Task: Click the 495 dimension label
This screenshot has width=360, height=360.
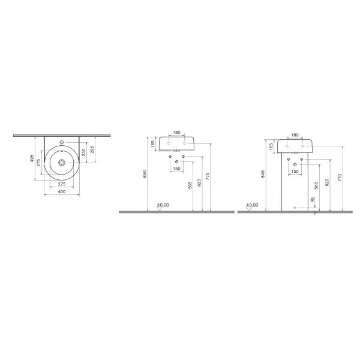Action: pyautogui.click(x=32, y=158)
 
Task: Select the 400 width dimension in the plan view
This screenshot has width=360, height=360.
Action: pyautogui.click(x=62, y=192)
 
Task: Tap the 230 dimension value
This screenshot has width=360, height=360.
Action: pyautogui.click(x=83, y=152)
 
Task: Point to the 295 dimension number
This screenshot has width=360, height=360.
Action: pyautogui.click(x=92, y=149)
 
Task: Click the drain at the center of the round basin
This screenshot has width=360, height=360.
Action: pyautogui.click(x=62, y=163)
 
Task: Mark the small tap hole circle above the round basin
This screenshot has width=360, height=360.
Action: pyautogui.click(x=62, y=142)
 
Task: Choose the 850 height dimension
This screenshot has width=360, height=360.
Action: pyautogui.click(x=145, y=174)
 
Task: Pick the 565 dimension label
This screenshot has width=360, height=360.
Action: pyautogui.click(x=190, y=185)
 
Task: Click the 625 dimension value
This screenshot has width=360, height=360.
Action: pyautogui.click(x=199, y=183)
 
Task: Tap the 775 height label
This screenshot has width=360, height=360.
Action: pyautogui.click(x=208, y=176)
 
